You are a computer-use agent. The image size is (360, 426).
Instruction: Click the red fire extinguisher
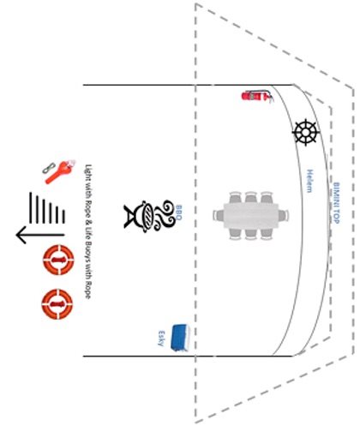click(257, 96)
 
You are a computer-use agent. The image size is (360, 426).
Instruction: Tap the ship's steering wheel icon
click(306, 132)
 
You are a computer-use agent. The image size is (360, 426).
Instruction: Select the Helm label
click(309, 181)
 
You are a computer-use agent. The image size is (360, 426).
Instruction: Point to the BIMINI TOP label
click(337, 203)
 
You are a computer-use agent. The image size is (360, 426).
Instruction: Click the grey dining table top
click(250, 215)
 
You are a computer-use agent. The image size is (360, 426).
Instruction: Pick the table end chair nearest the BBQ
click(218, 215)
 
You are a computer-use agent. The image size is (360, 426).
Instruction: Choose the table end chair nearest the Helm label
click(284, 215)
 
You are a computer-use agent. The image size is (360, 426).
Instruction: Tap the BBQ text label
click(178, 213)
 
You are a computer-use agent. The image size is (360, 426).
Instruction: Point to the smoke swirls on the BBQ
click(165, 215)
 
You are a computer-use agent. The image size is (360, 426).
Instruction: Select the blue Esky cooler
click(180, 338)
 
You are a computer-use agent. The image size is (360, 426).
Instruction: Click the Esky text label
click(161, 339)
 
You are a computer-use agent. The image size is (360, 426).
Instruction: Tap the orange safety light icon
click(61, 172)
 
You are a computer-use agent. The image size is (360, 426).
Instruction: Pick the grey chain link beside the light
click(49, 168)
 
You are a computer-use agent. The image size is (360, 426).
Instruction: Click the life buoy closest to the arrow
click(58, 260)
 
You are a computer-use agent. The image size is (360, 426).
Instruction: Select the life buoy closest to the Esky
click(57, 304)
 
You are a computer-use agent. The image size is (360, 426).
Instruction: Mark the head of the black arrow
click(17, 235)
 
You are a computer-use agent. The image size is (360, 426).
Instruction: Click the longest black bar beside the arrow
click(30, 207)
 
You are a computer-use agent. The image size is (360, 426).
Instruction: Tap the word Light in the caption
click(88, 171)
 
